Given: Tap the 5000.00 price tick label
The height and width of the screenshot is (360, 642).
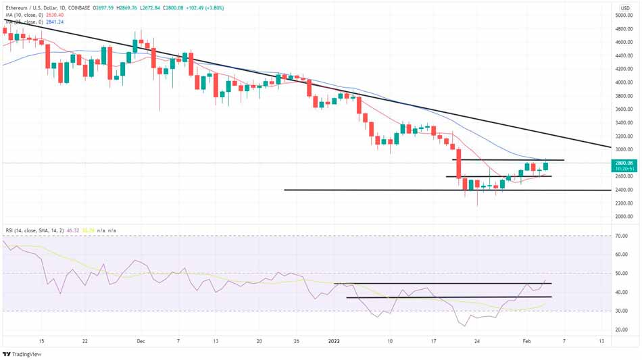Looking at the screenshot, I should (x=623, y=15).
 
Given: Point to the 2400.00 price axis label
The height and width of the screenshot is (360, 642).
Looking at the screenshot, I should (x=623, y=190).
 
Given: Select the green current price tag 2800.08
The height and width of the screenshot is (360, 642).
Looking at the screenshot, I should (x=623, y=163).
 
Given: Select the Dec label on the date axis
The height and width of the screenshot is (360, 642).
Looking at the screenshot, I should (x=141, y=342).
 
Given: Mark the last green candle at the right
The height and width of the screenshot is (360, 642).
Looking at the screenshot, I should (x=545, y=165).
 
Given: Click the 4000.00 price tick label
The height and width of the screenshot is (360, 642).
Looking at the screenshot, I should (x=623, y=82).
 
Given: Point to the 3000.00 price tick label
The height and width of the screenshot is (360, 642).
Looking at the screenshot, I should (x=623, y=149).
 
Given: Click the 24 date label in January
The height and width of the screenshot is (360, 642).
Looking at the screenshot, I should (x=476, y=342).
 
